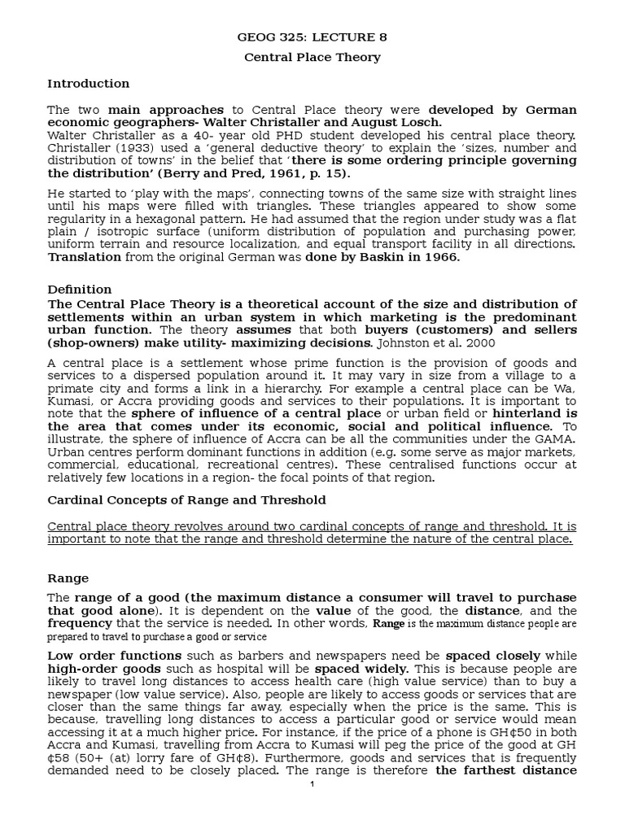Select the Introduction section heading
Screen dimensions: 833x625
[88, 83]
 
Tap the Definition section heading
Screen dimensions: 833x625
[80, 289]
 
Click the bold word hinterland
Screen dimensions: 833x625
[522, 413]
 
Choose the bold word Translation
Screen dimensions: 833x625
[84, 257]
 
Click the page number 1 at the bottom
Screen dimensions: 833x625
[312, 784]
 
